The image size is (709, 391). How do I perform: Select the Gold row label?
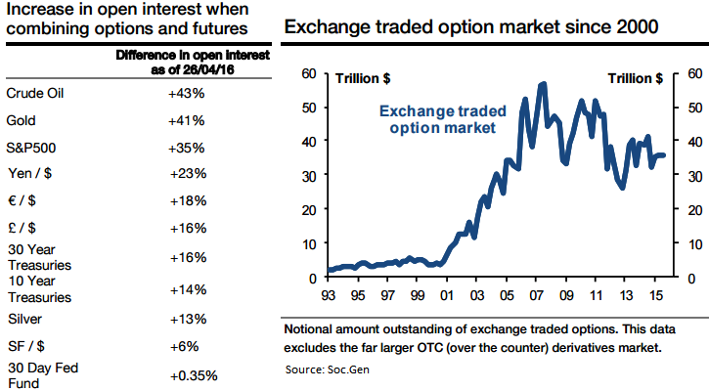(x=22, y=121)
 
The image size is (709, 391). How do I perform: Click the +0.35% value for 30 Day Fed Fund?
(x=194, y=375)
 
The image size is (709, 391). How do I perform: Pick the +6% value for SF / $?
(x=185, y=346)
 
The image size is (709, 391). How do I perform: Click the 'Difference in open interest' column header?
(x=180, y=56)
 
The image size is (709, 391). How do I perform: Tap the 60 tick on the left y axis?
(x=309, y=73)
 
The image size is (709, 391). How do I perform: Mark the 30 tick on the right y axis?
(x=693, y=176)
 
